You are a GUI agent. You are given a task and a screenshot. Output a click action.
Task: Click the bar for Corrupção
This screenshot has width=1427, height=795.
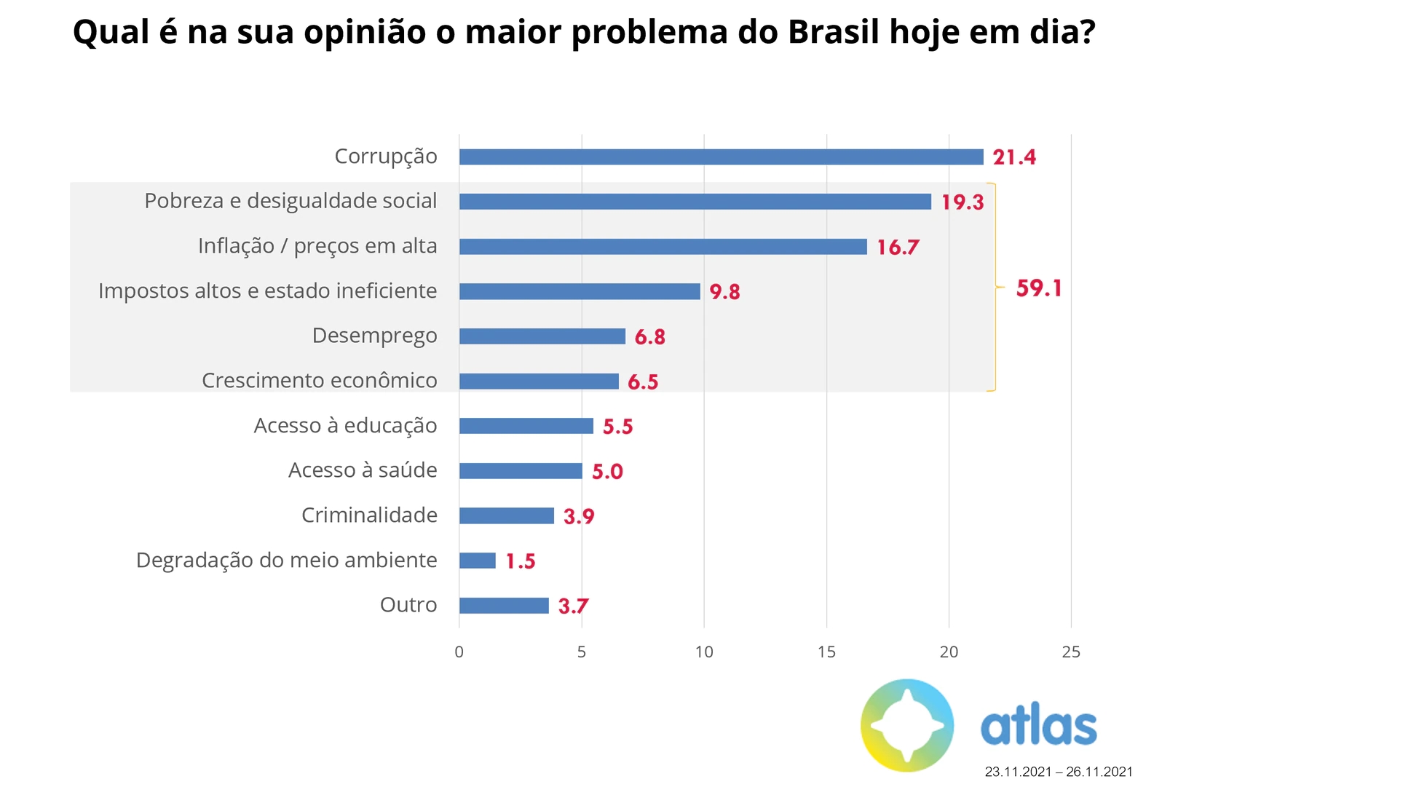[721, 157]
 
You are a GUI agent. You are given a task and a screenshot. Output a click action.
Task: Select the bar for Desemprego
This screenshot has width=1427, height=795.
[542, 336]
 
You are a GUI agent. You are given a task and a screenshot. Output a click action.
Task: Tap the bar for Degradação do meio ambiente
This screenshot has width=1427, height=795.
[478, 561]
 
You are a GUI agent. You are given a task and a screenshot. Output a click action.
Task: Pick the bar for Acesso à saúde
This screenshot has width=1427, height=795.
[521, 471]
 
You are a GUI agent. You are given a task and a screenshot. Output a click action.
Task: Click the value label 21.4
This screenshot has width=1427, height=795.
[1014, 157]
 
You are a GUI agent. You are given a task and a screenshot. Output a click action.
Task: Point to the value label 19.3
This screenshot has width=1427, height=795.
[962, 202]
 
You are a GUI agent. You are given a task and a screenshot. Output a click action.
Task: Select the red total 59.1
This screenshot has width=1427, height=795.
[1039, 288]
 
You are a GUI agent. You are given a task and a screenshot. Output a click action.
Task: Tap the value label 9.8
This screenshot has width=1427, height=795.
[724, 292]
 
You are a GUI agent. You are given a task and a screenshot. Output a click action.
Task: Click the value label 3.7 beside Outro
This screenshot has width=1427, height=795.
[573, 606]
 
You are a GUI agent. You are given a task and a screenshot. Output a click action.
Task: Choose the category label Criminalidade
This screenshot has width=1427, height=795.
[369, 515]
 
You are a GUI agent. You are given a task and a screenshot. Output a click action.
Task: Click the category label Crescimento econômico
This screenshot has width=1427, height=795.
[319, 381]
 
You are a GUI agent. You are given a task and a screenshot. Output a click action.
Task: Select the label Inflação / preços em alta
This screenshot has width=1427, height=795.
[317, 246]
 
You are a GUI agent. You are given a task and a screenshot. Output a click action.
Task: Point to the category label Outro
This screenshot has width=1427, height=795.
[408, 605]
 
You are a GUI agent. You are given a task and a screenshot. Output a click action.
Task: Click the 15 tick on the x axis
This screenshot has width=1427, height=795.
[826, 652]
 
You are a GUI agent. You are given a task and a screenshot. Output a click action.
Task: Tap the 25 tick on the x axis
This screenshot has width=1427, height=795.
[1071, 652]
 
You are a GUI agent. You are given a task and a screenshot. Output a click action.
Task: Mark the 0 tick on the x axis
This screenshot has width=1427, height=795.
[459, 652]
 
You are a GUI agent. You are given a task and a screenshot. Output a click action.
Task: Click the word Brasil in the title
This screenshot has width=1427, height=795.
[833, 32]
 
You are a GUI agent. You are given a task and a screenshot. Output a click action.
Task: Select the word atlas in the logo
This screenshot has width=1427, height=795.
[1038, 726]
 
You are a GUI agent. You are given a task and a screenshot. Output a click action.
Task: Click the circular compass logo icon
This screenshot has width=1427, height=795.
[907, 725]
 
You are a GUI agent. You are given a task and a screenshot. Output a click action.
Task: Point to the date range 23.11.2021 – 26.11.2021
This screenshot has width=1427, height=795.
[1059, 772]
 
